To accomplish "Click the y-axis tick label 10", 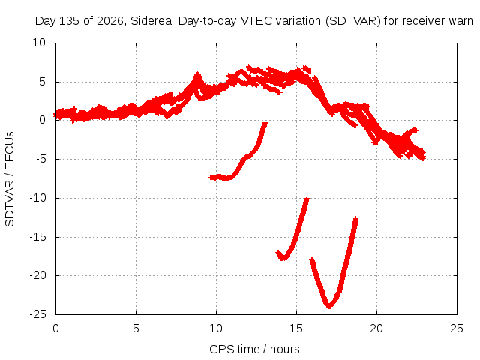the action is click(39, 43).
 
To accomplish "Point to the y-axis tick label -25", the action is click(38, 314).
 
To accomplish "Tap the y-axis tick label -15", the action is click(38, 237).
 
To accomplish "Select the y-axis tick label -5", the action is click(40, 159).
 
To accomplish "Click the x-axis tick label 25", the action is click(457, 328).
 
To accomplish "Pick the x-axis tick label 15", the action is click(296, 328).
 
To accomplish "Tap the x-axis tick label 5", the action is click(136, 328).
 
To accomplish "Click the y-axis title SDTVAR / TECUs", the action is click(10, 179).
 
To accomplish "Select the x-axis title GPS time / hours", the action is click(254, 349).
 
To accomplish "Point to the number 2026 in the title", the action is click(110, 21).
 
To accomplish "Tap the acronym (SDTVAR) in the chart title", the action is click(353, 21).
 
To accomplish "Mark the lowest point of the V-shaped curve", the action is click(329, 306).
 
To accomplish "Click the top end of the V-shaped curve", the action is click(355, 218).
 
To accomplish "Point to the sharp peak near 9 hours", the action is click(198, 73).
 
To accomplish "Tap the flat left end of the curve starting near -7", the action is click(211, 177).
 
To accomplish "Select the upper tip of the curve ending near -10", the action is click(307, 199).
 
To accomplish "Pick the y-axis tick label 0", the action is click(43, 120).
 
